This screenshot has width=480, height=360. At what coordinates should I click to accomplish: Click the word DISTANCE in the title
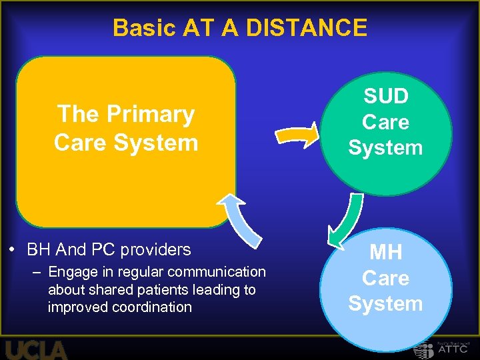tap(307, 28)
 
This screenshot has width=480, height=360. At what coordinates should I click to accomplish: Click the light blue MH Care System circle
tap(385, 287)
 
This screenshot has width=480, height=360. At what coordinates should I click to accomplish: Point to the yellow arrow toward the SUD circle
tap(299, 135)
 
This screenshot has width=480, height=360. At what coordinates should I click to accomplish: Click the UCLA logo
tap(37, 349)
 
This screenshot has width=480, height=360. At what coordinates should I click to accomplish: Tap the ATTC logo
tap(440, 349)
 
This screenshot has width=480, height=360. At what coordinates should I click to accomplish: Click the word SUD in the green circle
tap(385, 97)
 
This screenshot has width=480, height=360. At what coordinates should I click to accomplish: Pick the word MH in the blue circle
tap(385, 253)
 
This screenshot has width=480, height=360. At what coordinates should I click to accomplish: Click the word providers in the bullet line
tap(159, 250)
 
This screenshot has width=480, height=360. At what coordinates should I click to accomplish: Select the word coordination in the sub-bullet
tap(153, 307)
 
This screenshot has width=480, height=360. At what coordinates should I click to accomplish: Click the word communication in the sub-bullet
tap(217, 272)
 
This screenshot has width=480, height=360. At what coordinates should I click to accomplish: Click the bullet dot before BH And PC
tap(13, 251)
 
